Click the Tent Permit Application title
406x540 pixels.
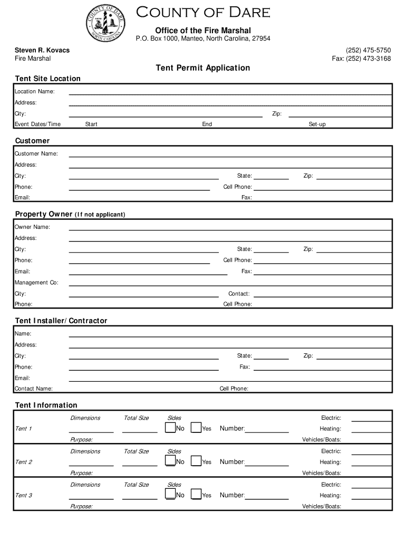(x=202, y=68)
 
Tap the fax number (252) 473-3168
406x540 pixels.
(x=361, y=59)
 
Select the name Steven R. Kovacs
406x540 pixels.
(x=42, y=50)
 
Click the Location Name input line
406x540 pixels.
(x=230, y=92)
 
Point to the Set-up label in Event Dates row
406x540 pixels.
(x=317, y=124)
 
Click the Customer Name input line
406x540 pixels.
(x=230, y=154)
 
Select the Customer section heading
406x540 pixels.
(x=32, y=141)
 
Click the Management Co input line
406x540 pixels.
(x=230, y=283)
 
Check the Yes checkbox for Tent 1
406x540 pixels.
(x=196, y=428)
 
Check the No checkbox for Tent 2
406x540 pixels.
(x=170, y=461)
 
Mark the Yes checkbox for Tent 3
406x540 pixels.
(x=196, y=494)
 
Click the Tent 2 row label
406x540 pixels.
(x=23, y=462)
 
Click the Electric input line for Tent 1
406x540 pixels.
(x=371, y=418)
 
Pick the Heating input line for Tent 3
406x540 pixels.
(x=371, y=496)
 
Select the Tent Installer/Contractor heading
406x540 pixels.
(x=61, y=321)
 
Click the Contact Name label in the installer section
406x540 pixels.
(x=33, y=389)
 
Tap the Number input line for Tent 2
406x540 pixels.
(x=267, y=462)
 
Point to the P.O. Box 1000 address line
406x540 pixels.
(x=203, y=39)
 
